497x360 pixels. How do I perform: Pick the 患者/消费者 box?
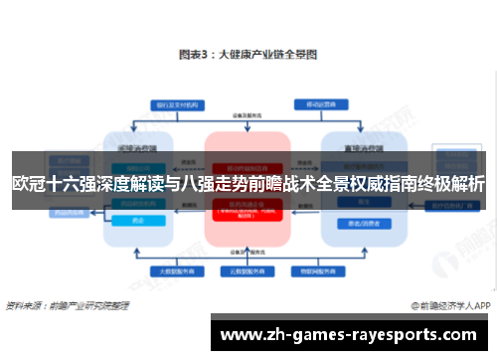pyautogui.click(x=354, y=223)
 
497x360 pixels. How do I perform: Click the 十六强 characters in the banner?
pyautogui.click(x=70, y=184)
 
